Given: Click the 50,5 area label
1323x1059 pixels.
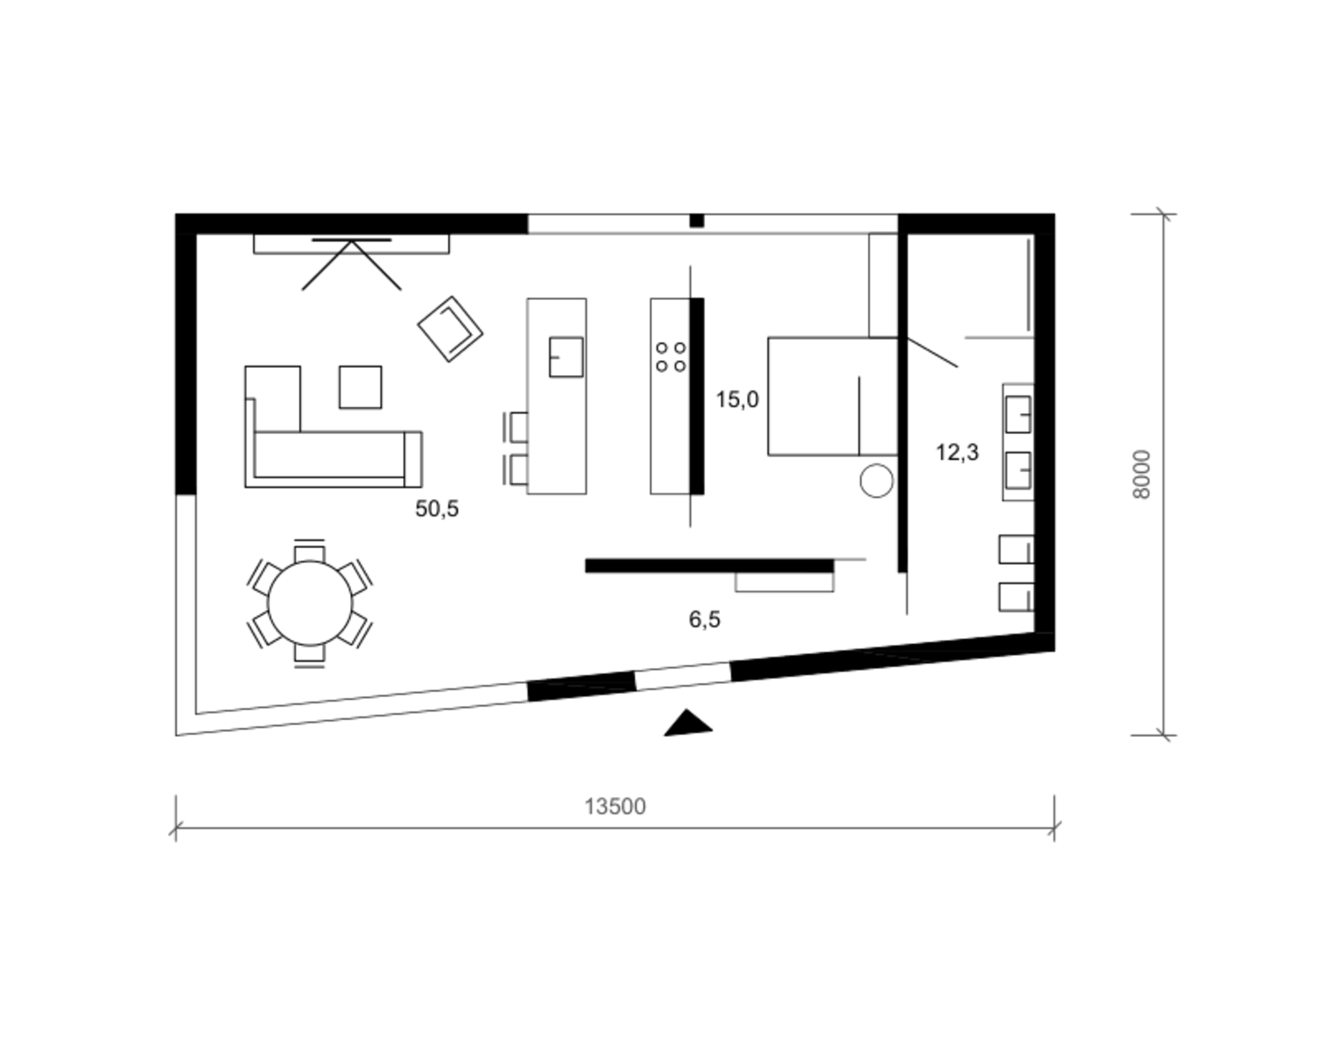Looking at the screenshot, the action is coord(437,509).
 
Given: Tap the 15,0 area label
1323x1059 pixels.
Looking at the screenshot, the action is coord(737,400).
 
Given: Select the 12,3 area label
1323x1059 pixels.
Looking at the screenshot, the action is coord(957,452).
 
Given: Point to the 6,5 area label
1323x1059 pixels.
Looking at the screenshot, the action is coord(705,619).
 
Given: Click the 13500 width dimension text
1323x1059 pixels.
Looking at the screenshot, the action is coord(615,807).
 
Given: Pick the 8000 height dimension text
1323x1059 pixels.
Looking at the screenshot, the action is coord(1141,475).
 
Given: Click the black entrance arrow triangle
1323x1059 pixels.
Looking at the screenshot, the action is coord(688,723).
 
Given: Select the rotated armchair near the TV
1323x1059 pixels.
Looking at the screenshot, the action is coord(450,329).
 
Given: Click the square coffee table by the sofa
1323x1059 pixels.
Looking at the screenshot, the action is coord(360,387).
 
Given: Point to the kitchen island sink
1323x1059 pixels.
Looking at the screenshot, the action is coord(566,357).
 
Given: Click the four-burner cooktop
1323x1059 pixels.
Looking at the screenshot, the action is coord(670,357).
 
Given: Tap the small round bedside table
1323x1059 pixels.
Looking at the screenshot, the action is coord(877,481).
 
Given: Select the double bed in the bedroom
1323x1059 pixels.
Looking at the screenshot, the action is coord(833,396).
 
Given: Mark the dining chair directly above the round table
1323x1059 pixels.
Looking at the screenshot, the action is coord(310,551).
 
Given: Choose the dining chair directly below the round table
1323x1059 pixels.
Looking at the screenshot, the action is coord(310,656).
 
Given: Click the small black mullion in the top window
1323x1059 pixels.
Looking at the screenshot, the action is coord(697,221).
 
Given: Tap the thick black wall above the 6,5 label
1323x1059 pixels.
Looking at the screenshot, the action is coord(709,566).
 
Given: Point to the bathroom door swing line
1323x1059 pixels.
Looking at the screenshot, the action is coord(932,352).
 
